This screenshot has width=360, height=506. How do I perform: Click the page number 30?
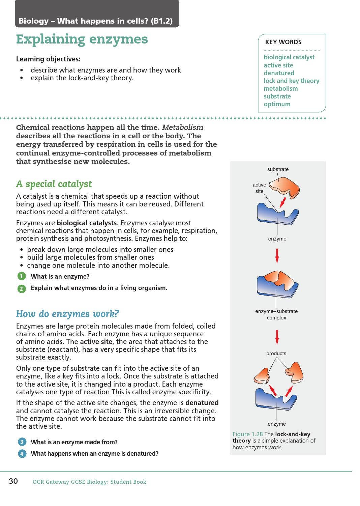(13, 481)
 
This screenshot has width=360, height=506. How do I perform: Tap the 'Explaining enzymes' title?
(82, 39)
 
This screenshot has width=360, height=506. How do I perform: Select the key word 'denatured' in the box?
(279, 73)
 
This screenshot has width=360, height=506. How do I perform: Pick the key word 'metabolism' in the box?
(280, 88)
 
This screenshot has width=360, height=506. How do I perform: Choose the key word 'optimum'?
(277, 104)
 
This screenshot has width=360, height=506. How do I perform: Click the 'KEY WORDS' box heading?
(283, 42)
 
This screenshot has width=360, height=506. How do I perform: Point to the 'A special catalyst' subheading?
(54, 184)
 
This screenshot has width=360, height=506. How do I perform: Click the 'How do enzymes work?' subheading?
(67, 314)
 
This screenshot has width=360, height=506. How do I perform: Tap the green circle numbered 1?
(22, 276)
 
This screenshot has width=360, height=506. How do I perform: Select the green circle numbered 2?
(22, 288)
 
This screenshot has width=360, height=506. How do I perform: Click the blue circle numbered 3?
(22, 442)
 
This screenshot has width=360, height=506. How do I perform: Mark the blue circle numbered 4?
(22, 454)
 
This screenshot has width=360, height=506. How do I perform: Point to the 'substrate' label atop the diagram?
(278, 169)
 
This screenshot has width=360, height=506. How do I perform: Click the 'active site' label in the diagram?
(259, 188)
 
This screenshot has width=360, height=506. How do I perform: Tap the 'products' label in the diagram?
(276, 354)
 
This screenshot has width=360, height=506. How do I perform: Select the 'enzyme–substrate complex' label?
(276, 314)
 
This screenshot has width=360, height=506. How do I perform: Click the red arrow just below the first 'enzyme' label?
(277, 255)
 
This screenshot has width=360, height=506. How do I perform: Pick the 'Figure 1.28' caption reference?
(247, 434)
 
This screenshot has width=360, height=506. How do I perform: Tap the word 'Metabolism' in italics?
(182, 128)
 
